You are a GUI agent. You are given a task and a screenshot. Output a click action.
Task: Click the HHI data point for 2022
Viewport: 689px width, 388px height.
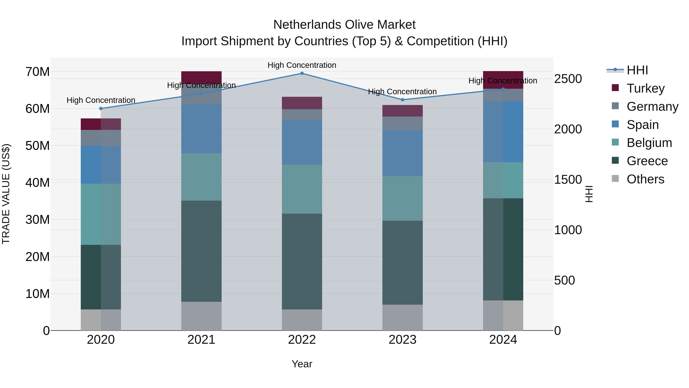(302, 73)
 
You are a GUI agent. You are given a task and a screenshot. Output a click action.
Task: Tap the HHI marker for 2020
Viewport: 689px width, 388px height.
(101, 108)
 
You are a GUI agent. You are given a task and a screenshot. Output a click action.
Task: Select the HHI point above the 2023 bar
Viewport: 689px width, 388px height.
(402, 100)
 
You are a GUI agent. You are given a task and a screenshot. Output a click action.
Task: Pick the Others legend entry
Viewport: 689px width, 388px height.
(645, 179)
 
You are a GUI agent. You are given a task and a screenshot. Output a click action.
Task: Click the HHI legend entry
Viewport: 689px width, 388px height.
(637, 70)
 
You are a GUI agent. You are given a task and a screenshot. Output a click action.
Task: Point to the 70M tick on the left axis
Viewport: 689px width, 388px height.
(38, 72)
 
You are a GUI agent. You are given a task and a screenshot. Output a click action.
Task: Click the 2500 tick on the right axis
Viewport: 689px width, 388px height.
(568, 79)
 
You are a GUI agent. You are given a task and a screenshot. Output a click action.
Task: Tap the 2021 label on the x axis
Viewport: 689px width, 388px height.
(201, 340)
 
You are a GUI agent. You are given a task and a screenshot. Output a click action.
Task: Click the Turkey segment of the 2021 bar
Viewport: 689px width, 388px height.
(201, 77)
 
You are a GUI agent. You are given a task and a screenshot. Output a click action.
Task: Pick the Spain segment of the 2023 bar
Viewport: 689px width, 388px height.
(402, 153)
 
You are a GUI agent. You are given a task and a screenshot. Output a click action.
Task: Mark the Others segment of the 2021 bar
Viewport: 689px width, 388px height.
(201, 316)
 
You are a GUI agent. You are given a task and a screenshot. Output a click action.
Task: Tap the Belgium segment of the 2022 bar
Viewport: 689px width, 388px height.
(302, 189)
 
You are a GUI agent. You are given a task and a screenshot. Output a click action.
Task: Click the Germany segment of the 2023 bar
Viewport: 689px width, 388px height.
(402, 123)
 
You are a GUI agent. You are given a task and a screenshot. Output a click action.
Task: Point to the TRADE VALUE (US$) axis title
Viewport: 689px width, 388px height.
(6, 194)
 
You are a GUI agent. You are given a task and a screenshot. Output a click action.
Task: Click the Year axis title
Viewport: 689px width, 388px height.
(302, 364)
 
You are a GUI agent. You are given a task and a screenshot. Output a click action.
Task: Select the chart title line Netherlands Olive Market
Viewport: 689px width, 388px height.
(344, 25)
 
